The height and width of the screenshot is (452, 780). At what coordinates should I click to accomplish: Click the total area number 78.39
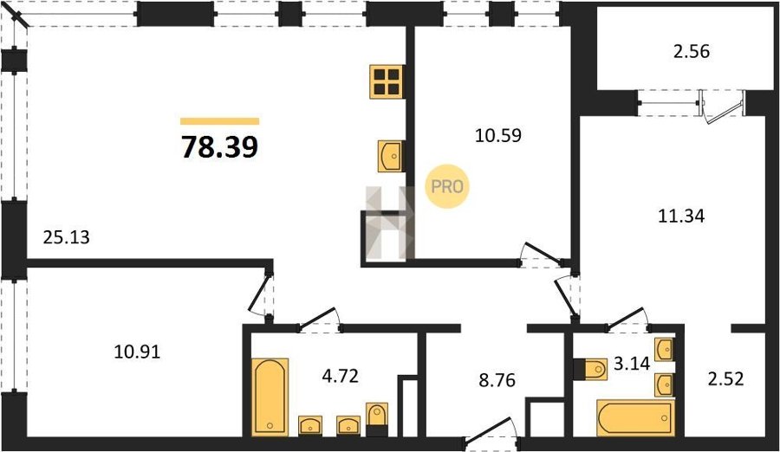[x=219, y=147]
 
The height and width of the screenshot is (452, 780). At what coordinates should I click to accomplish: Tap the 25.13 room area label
[x=67, y=237]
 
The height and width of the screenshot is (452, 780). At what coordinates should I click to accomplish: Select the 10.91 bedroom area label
[x=137, y=352]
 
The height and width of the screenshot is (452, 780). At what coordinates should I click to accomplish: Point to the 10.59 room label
[x=498, y=135]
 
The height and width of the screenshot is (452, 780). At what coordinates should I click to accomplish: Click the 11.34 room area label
[x=681, y=216]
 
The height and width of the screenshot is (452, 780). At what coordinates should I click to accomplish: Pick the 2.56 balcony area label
[x=692, y=51]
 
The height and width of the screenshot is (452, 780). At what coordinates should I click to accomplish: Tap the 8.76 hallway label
[x=497, y=380]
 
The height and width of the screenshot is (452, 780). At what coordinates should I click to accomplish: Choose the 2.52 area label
[x=725, y=379]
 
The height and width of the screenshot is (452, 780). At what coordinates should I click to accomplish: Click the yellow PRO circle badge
[x=446, y=186]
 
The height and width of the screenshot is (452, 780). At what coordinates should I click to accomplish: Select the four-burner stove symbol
[x=387, y=81]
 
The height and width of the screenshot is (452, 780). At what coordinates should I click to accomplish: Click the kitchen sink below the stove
[x=391, y=156]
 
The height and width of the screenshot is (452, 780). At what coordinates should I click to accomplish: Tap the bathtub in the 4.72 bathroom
[x=270, y=397]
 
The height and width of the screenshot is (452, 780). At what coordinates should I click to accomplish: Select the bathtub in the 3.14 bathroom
[x=635, y=416]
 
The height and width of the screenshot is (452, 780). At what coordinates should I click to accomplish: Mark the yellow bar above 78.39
[x=219, y=121]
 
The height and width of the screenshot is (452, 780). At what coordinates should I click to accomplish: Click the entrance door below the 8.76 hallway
[x=491, y=430]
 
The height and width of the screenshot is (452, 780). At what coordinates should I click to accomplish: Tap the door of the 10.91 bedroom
[x=261, y=294]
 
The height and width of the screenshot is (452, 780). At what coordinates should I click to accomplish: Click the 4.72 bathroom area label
[x=341, y=376]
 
